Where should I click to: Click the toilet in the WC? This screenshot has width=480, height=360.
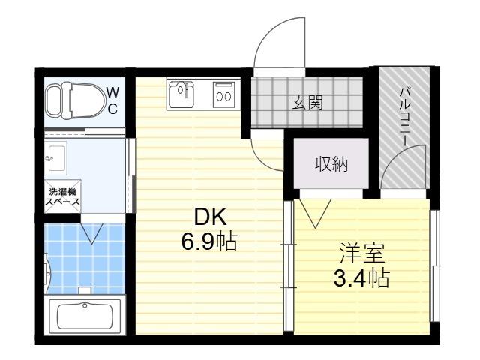tap(74, 100)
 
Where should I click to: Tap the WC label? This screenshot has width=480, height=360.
tap(112, 100)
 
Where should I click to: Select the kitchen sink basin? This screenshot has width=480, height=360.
tap(181, 94)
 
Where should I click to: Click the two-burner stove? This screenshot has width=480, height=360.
tap(224, 95)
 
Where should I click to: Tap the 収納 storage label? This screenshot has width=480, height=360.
tap(331, 165)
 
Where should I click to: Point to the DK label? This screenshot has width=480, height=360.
tap(211, 217)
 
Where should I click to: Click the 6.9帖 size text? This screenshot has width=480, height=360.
tap(209, 241)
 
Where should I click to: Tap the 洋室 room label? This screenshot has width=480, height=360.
tap(362, 253)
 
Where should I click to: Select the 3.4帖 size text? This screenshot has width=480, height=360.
tap(361, 278)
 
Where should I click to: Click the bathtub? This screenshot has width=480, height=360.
tap(85, 314)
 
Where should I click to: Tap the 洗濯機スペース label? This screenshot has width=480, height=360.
tap(63, 196)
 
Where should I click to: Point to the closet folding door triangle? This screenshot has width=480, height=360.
tap(315, 213)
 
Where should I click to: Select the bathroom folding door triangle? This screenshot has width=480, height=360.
tap(91, 233)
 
